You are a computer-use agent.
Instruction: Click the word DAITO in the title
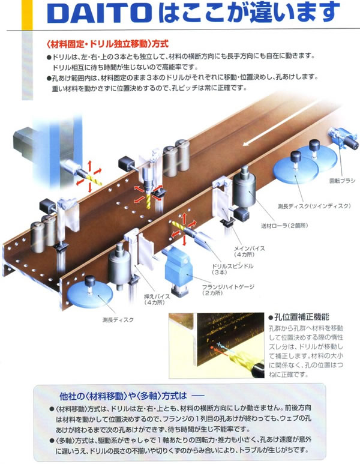[99, 13]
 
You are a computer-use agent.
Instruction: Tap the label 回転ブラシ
[342, 181]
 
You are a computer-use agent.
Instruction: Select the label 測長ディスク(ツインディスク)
[314, 206]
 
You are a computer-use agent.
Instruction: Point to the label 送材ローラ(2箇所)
[284, 226]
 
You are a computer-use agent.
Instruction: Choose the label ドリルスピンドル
[233, 266]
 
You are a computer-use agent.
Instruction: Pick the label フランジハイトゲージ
[228, 287]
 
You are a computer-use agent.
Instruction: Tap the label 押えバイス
[157, 296]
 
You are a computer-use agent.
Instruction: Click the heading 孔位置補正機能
[299, 317]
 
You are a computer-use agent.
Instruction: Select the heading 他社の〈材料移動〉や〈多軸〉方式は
[124, 396]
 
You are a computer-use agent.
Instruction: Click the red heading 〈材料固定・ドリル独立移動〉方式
[107, 44]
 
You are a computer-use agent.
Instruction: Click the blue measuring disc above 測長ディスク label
[90, 294]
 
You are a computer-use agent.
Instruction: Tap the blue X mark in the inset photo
[219, 344]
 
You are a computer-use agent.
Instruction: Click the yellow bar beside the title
[27, 15]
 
